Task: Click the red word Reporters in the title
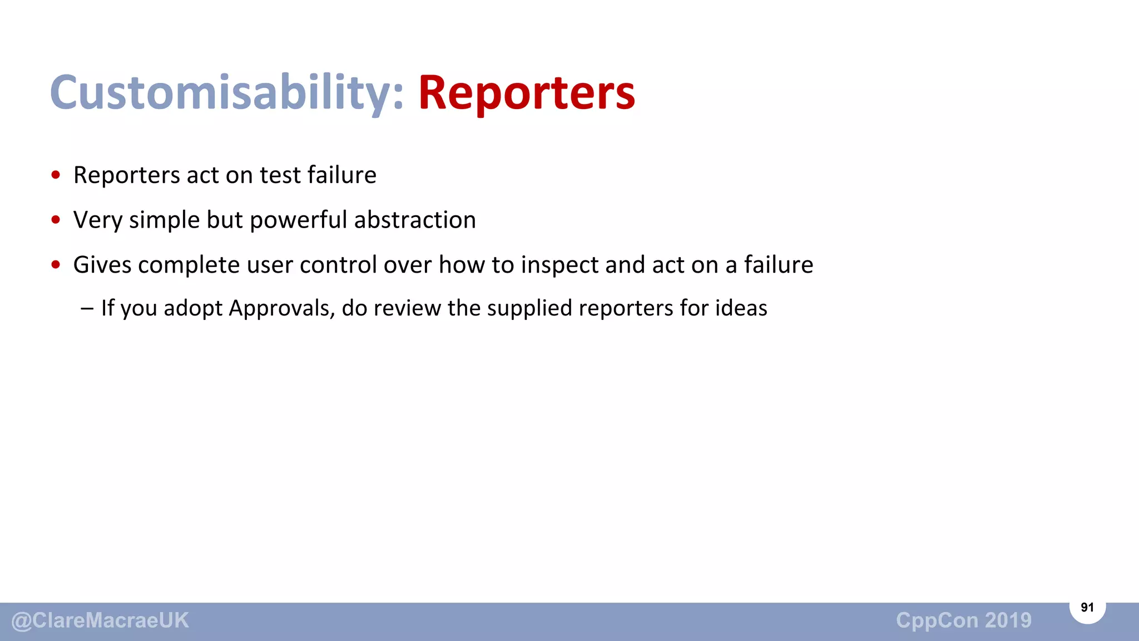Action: point(526,92)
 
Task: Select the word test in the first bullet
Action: point(280,175)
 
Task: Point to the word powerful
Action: point(299,220)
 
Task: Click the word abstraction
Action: point(415,220)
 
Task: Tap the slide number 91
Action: point(1087,608)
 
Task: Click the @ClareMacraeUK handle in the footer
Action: point(100,621)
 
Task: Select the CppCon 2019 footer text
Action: point(963,620)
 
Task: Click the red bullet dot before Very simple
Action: point(56,220)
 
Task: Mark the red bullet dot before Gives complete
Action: point(56,265)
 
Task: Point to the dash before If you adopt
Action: point(87,308)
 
